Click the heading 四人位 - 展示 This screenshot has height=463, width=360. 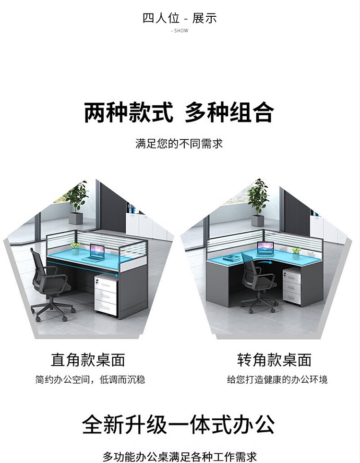(180, 18)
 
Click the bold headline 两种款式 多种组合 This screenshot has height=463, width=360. (179, 112)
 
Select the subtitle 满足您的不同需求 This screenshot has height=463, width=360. (179, 144)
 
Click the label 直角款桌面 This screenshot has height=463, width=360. (88, 360)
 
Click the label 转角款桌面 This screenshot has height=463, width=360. (275, 360)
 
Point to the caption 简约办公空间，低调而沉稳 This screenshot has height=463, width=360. (90, 379)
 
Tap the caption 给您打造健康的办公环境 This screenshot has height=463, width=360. (277, 379)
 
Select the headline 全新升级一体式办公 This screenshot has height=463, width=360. (179, 425)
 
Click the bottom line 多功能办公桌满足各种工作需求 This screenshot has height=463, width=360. (180, 456)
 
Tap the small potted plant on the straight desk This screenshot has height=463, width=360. (75, 248)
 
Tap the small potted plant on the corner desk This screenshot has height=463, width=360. (296, 253)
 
